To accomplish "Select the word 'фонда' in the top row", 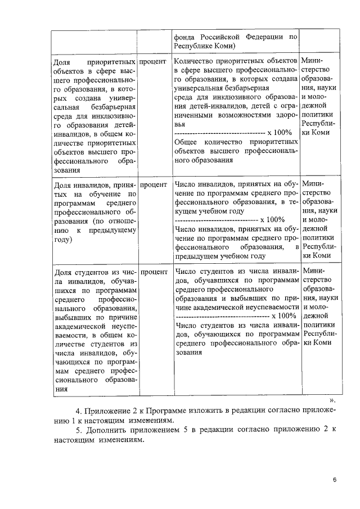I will point(187,37).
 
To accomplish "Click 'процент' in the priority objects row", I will point(154,60).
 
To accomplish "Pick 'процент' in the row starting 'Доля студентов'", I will point(154,272).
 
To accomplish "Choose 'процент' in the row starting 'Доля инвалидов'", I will point(154,184).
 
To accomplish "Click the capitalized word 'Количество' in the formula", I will point(194,60).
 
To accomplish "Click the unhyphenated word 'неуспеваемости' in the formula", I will point(271,307).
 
